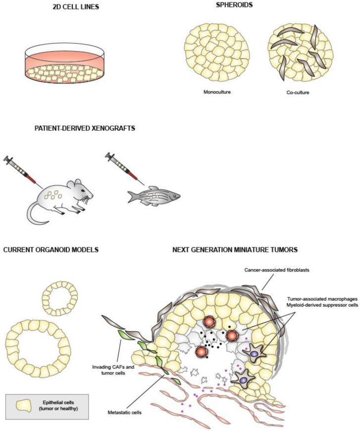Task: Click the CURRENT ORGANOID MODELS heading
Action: (x=51, y=250)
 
